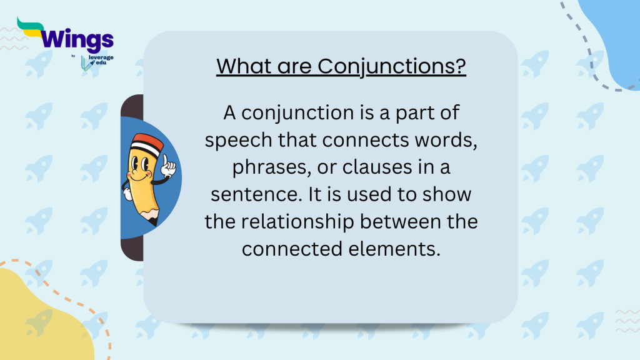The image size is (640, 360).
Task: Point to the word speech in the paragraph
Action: pos(240,141)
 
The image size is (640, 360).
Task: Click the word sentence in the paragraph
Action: pos(253,194)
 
